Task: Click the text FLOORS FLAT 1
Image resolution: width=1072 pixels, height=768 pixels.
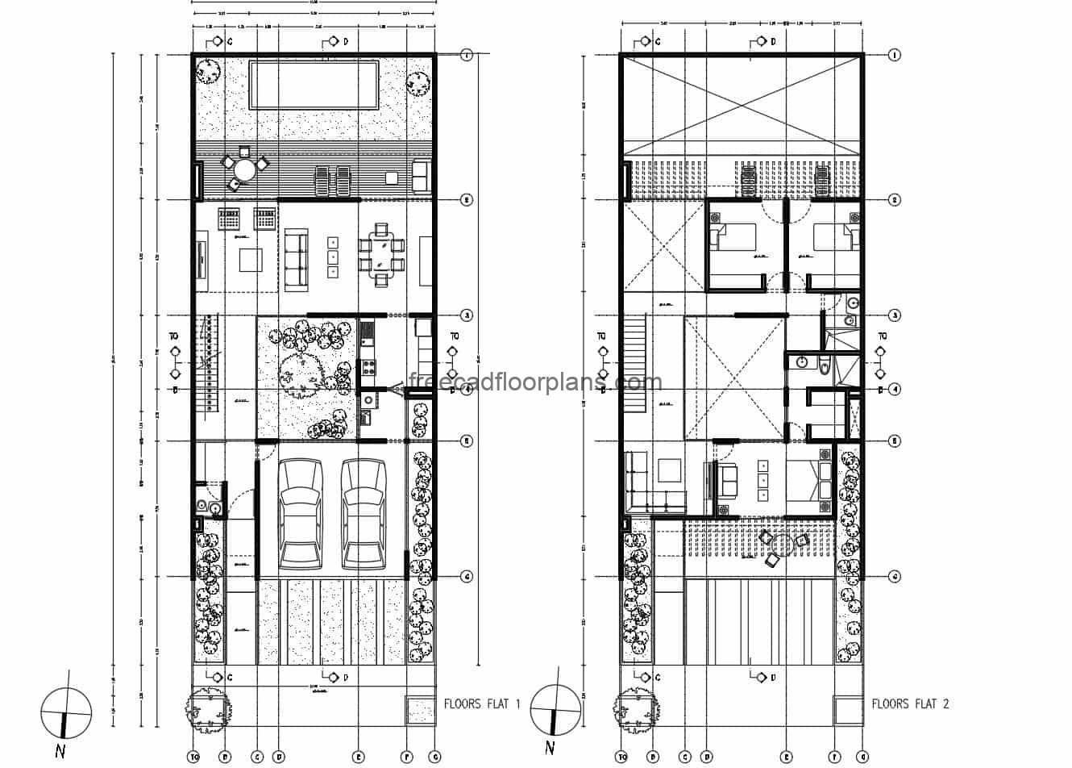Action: (x=482, y=703)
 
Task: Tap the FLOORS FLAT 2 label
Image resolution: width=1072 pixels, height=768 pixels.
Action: (x=910, y=703)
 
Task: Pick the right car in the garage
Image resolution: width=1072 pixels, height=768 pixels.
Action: (x=362, y=514)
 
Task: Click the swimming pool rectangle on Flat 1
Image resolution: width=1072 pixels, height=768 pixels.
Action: (x=314, y=85)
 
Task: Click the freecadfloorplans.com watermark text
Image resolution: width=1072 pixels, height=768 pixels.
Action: (x=535, y=382)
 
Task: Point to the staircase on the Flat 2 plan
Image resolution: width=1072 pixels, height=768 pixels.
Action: (x=635, y=351)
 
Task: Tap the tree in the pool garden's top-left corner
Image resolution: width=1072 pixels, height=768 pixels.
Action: (x=210, y=71)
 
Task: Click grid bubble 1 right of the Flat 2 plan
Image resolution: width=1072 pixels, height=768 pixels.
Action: (x=894, y=55)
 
